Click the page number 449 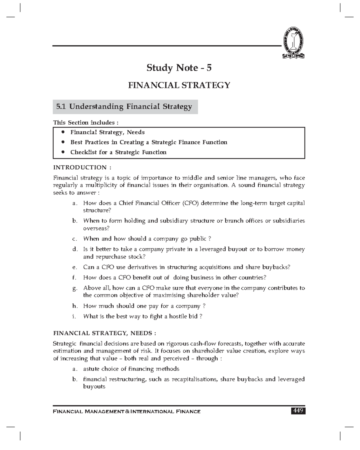pyautogui.click(x=298, y=411)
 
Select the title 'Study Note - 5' pyautogui.click(x=179, y=68)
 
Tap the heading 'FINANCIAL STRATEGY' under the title pyautogui.click(x=179, y=85)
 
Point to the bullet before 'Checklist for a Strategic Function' pyautogui.click(x=63, y=152)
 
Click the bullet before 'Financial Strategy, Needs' pyautogui.click(x=63, y=132)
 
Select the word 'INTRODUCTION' pyautogui.click(x=80, y=167)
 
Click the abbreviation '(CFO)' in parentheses pyautogui.click(x=190, y=203)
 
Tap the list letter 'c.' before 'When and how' pyautogui.click(x=75, y=239)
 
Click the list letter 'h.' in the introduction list pyautogui.click(x=75, y=306)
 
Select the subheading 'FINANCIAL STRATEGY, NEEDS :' pyautogui.click(x=104, y=333)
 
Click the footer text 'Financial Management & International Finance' pyautogui.click(x=127, y=412)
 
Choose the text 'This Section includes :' pyautogui.click(x=85, y=122)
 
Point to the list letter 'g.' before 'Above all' pyautogui.click(x=75, y=288)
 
